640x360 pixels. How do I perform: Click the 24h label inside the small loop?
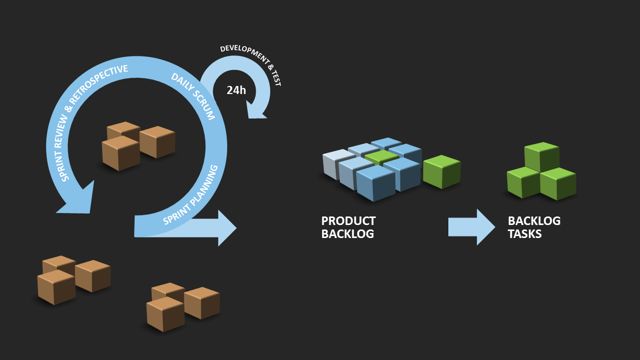236,90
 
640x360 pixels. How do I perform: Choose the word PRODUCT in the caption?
348,221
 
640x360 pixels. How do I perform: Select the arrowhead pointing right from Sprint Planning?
225,228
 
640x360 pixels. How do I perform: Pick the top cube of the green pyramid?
541,156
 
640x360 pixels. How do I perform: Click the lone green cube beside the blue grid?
441,171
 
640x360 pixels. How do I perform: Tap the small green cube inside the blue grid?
381,157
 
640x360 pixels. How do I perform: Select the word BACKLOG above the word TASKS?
534,221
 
